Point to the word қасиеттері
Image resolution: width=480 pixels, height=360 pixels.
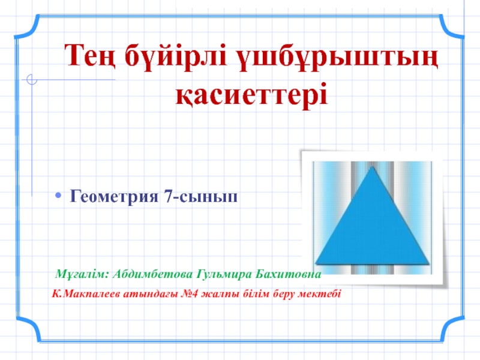click(x=252, y=94)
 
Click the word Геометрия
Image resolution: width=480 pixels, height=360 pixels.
click(x=115, y=196)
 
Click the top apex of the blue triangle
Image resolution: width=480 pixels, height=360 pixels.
click(x=373, y=167)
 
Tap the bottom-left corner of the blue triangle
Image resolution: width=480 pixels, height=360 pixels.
click(x=316, y=262)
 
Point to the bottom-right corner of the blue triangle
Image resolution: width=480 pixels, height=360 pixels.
click(x=429, y=262)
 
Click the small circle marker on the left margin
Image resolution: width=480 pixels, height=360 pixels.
click(x=32, y=79)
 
